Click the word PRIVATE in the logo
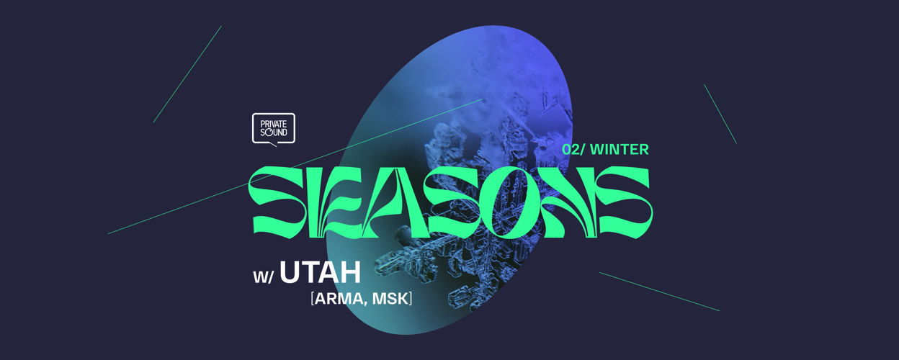[x=274, y=124]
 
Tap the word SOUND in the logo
[x=274, y=132]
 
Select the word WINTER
[x=620, y=149]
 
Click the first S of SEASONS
[x=277, y=202]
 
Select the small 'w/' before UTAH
[x=263, y=277]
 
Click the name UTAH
[x=321, y=272]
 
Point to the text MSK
[x=390, y=299]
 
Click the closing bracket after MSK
[x=411, y=299]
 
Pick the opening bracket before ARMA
[x=312, y=299]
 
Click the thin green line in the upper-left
[x=187, y=74]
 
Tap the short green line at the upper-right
[x=720, y=114]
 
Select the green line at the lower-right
[x=659, y=292]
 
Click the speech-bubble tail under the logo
[x=272, y=145]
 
